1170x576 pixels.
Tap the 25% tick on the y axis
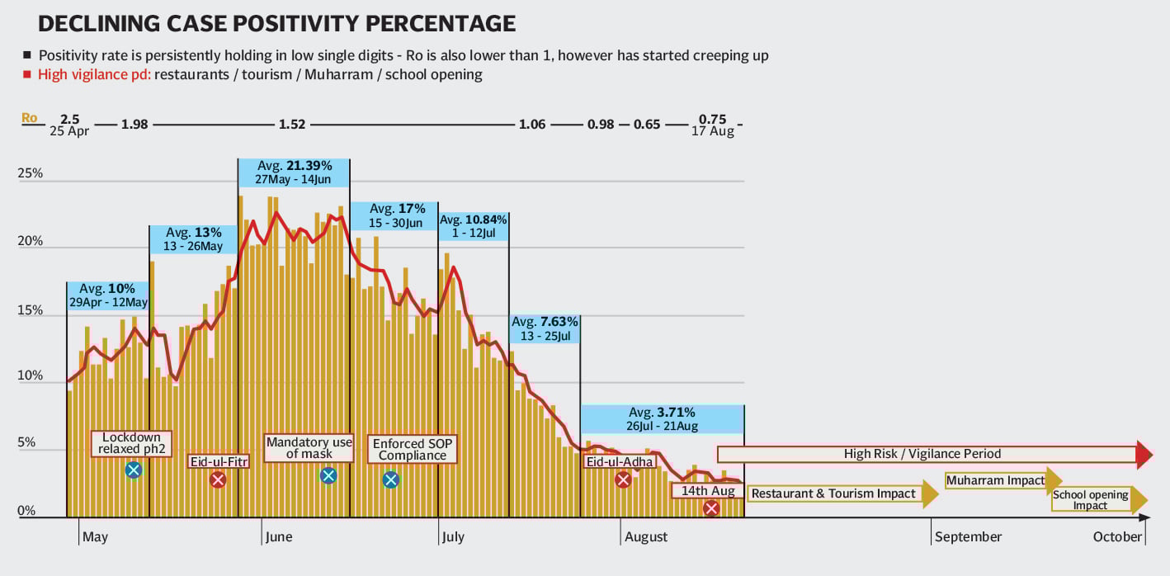click(x=32, y=175)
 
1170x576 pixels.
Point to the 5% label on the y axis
click(x=27, y=443)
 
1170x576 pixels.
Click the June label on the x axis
click(x=278, y=537)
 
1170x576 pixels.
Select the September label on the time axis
click(x=969, y=537)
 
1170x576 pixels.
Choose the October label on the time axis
click(x=1118, y=537)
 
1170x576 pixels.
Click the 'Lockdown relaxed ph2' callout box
click(x=132, y=443)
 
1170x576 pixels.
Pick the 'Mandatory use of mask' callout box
click(x=309, y=448)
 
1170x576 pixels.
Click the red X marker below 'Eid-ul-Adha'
click(x=623, y=480)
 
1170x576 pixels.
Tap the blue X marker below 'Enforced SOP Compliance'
click(x=391, y=479)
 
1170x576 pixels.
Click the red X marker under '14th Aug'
click(x=711, y=508)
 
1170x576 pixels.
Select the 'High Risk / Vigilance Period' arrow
click(x=932, y=453)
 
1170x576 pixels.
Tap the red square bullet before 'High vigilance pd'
click(x=27, y=74)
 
